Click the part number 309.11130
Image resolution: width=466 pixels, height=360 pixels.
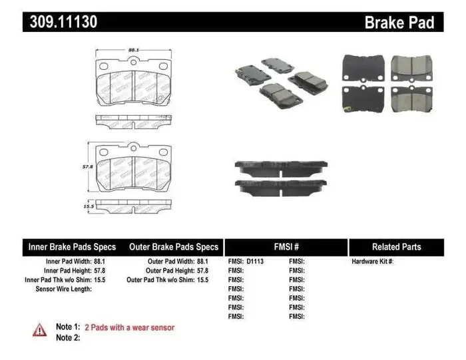[63, 22]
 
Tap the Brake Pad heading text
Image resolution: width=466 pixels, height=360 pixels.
[399, 23]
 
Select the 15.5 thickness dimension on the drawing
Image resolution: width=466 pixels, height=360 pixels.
[87, 208]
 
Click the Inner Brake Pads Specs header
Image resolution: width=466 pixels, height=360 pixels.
[71, 247]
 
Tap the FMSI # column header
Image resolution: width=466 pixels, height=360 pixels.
[286, 247]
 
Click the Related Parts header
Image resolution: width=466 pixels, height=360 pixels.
[396, 247]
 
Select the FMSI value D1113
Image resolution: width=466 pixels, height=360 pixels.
[255, 262]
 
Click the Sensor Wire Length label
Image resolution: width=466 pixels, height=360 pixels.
[64, 289]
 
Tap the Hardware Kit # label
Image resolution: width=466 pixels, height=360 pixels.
[373, 262]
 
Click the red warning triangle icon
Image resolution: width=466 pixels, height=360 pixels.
[40, 329]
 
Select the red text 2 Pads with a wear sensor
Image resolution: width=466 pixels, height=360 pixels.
[129, 327]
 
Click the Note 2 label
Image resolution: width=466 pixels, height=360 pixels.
[68, 337]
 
